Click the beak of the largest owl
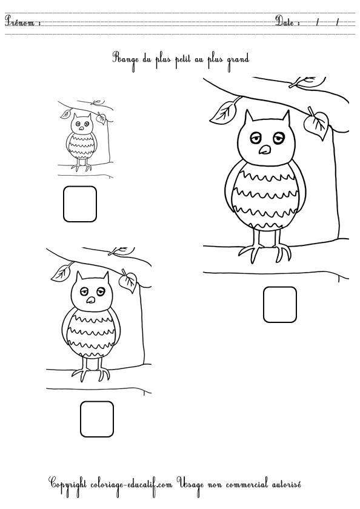coord(265,150)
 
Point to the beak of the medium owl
coord(90,300)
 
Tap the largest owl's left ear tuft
coord(249,118)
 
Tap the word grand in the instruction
coord(238,61)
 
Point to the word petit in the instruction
coord(182,60)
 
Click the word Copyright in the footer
coord(67,485)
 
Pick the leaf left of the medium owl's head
coord(62,272)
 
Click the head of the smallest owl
coord(81,124)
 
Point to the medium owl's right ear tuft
coord(105,278)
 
